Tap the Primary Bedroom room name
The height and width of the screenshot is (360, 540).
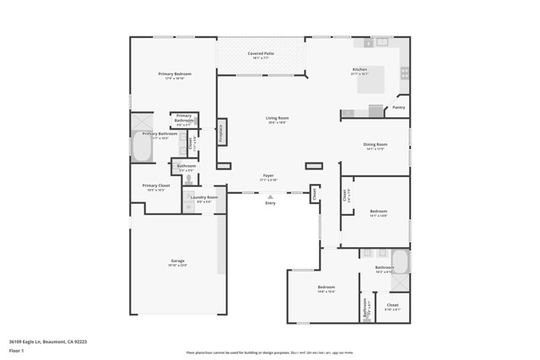click(175, 74)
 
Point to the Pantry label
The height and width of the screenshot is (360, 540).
click(399, 107)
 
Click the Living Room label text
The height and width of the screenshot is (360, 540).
click(277, 118)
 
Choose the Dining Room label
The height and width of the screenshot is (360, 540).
click(375, 144)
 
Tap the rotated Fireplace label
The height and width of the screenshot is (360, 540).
click(222, 132)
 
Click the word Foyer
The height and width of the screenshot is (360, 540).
click(267, 175)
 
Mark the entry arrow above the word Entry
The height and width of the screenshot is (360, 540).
click(270, 197)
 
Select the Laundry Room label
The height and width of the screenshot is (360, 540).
click(208, 197)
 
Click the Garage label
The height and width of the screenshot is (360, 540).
click(177, 261)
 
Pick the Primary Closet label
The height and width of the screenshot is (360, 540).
click(156, 185)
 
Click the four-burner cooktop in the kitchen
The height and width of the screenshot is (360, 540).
click(404, 75)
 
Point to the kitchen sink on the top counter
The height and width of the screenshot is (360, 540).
click(381, 41)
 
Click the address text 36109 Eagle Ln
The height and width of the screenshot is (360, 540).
click(30, 341)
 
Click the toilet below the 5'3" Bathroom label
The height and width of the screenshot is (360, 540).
click(188, 178)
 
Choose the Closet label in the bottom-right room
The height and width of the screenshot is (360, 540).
click(392, 304)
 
